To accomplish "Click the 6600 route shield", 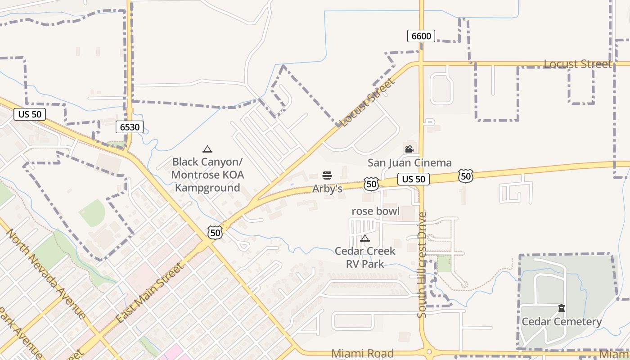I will (x=421, y=36).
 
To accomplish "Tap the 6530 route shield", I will (x=130, y=127).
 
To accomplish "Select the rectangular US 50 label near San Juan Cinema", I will (x=413, y=179).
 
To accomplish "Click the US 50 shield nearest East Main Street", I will (x=215, y=232).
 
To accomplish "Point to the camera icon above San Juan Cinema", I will (x=409, y=149).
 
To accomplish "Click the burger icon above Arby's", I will (x=327, y=175).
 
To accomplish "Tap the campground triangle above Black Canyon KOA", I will (x=207, y=149).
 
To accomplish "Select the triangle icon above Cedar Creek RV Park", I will (x=365, y=238).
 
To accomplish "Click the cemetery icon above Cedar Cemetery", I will (x=562, y=308).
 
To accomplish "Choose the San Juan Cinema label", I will (x=409, y=162).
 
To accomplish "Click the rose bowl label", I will (x=375, y=211).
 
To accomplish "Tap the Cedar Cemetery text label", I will (x=561, y=322).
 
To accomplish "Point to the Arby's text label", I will (x=327, y=189).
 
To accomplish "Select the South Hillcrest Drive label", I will (x=422, y=265).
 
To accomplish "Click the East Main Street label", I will (x=150, y=293).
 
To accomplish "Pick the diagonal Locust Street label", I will (x=367, y=102).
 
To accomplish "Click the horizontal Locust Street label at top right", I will (x=577, y=64).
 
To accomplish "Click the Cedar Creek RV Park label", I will (x=365, y=257).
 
